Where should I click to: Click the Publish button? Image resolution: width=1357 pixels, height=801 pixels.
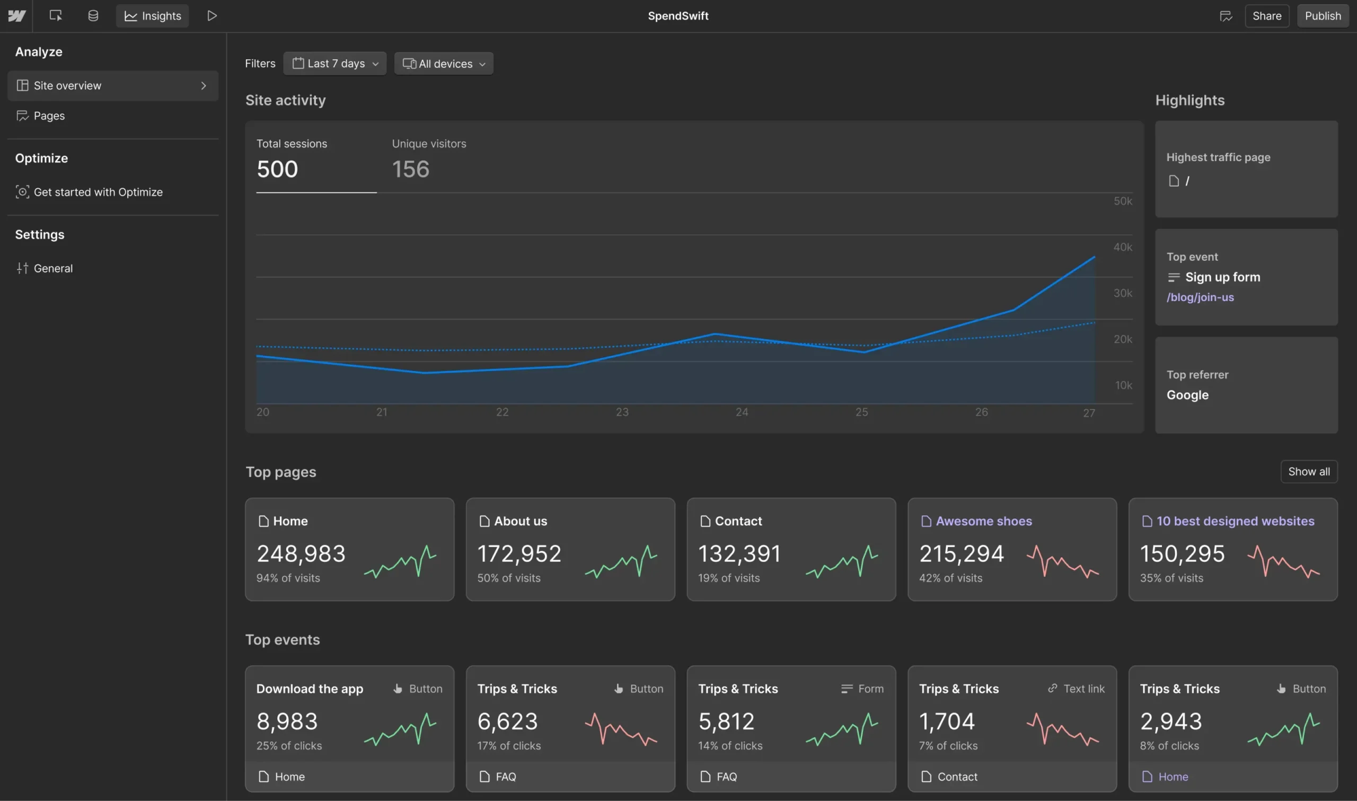pos(1322,16)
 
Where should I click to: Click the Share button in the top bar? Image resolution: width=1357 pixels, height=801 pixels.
pos(1266,16)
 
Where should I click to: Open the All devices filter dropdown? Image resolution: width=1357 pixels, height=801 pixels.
pos(444,64)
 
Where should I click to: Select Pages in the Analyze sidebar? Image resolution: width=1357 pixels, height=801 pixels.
pos(49,116)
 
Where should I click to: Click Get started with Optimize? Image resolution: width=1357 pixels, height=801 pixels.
pos(98,192)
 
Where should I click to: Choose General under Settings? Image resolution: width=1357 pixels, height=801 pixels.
pos(53,268)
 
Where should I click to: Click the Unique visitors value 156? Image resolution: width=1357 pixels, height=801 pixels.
pos(411,170)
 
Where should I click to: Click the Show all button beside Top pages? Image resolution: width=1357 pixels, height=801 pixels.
pos(1308,472)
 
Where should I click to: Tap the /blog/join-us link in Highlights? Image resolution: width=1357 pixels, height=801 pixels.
pos(1200,297)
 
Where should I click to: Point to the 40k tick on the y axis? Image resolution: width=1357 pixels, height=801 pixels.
pos(1122,247)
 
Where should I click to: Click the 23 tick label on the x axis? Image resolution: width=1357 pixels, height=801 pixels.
pos(622,412)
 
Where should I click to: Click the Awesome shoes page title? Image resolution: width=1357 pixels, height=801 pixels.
pos(983,522)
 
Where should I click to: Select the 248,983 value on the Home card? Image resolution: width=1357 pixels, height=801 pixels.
pos(301,554)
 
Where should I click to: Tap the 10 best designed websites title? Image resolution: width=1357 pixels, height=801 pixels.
pos(1235,522)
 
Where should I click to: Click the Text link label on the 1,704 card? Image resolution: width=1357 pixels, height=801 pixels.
pos(1083,689)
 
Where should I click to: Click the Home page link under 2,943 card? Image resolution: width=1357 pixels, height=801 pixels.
pos(1173,777)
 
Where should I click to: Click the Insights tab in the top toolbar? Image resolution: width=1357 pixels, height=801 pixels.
pos(153,16)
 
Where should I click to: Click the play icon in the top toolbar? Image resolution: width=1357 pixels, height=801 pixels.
pos(212,16)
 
